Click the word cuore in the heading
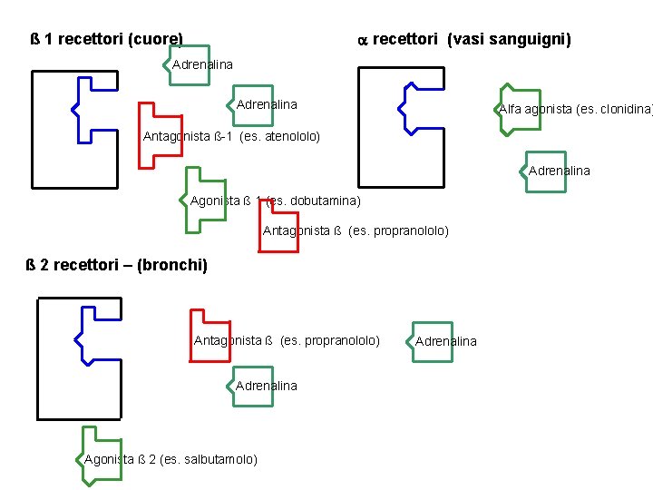pos(156,40)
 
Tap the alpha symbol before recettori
pos(359,40)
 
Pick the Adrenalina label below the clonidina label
pos(559,171)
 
